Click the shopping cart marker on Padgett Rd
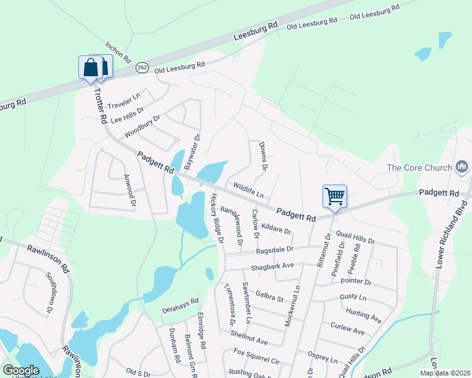(x=334, y=196)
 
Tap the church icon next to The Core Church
(x=462, y=167)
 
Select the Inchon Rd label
(x=118, y=52)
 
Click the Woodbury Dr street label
(x=143, y=125)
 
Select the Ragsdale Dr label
(x=276, y=250)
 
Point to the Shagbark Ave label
(x=273, y=266)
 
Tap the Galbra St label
(x=270, y=295)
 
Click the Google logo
(x=21, y=370)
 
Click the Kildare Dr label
(x=276, y=227)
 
